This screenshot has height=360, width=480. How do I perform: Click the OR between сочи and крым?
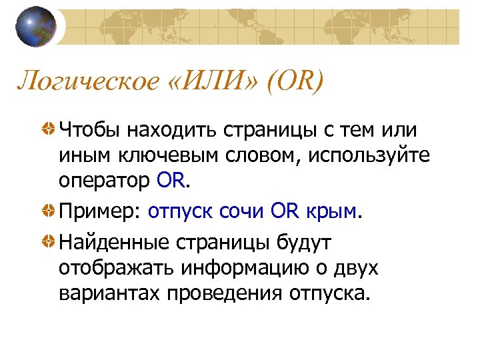coord(287,212)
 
